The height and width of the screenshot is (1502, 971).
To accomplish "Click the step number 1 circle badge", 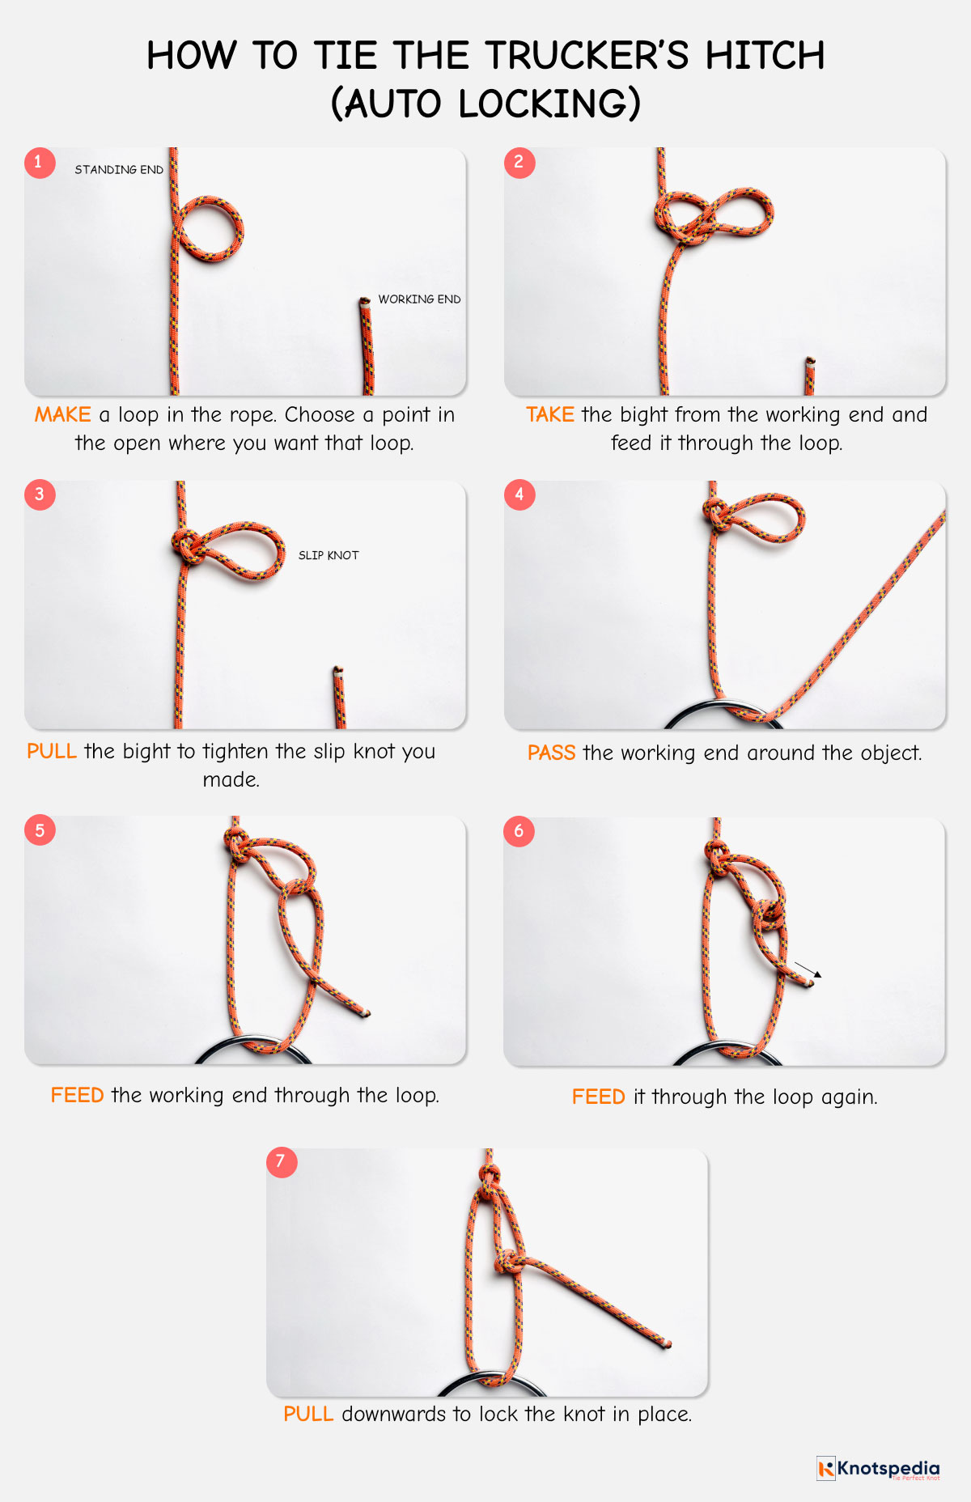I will (x=39, y=163).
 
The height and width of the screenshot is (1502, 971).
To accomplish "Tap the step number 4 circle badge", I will (x=519, y=494).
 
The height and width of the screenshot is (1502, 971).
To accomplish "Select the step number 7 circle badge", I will (x=282, y=1162).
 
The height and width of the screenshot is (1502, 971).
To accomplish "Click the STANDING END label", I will (x=119, y=170).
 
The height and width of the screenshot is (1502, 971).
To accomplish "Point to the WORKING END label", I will (x=419, y=299).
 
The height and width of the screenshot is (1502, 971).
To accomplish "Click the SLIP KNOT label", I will (x=329, y=555).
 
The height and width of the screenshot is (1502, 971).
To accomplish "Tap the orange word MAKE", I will (x=62, y=415).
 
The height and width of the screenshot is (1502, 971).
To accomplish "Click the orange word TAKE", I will (x=550, y=415).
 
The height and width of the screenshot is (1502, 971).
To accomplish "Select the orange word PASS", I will (x=551, y=753).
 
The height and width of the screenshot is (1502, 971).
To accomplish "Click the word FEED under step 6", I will (x=598, y=1097).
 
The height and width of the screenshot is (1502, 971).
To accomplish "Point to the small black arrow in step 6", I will (x=808, y=969).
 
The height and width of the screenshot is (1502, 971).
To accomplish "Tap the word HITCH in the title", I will (x=765, y=57).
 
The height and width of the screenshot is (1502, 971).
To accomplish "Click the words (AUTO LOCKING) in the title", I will (x=485, y=104).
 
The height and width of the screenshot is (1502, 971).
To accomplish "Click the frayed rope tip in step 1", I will (x=364, y=302).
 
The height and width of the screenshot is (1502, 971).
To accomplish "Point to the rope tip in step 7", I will (x=668, y=1344).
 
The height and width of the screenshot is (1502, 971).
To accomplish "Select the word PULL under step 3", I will (x=52, y=752).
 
